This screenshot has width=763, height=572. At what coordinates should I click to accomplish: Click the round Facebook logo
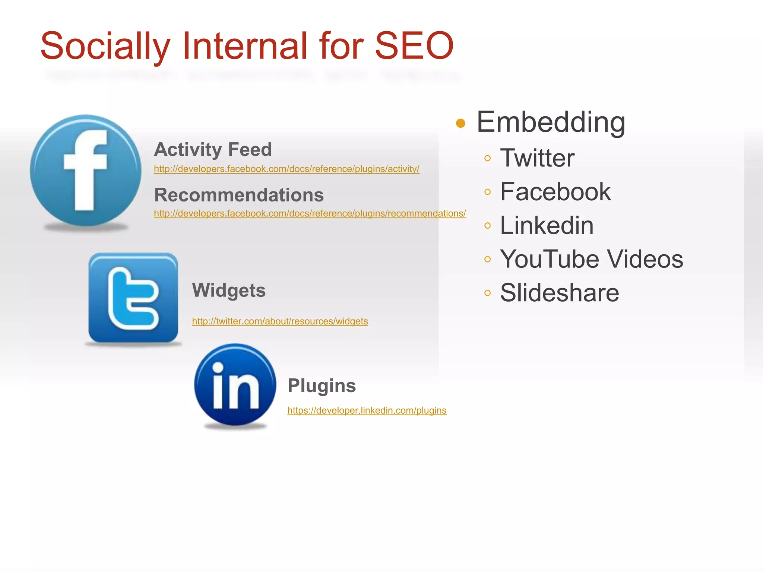[86, 171]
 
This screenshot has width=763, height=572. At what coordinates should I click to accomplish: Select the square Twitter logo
[133, 298]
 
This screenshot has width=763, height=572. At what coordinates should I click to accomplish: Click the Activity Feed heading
[213, 149]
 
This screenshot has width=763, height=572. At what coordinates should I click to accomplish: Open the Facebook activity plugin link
[286, 169]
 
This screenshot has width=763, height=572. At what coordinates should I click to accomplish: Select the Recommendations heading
[239, 195]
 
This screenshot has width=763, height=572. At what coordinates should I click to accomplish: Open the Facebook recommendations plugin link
[310, 214]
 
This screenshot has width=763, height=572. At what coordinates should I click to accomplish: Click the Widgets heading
[229, 290]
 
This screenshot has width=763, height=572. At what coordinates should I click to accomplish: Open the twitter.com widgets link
[280, 321]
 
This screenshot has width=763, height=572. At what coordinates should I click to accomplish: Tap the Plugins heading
[322, 385]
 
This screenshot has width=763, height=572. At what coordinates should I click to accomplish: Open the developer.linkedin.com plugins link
[367, 410]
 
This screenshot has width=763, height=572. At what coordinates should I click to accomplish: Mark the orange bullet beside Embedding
[460, 123]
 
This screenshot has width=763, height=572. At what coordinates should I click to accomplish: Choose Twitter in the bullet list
[537, 158]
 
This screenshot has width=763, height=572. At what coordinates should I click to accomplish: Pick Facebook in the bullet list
[555, 192]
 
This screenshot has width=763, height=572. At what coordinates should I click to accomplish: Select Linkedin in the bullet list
[547, 225]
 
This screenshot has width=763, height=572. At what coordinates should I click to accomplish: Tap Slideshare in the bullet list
[559, 293]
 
